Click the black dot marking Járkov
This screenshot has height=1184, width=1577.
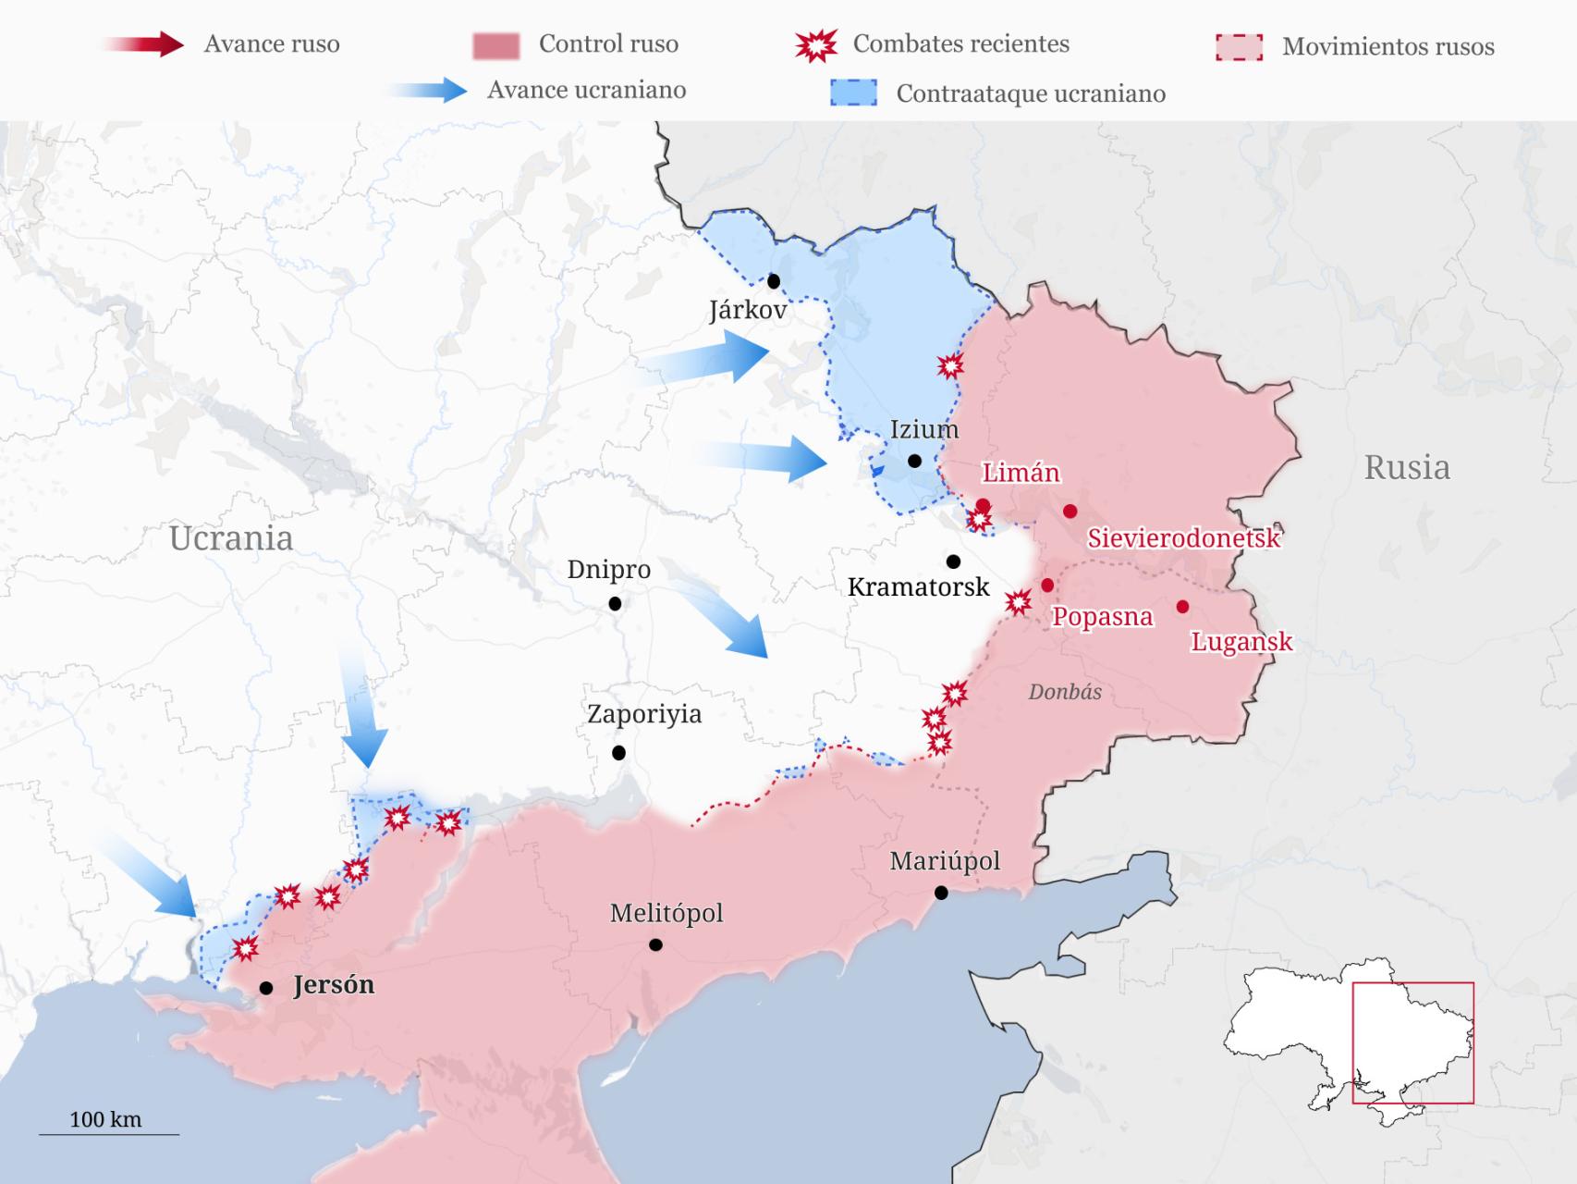pos(774,281)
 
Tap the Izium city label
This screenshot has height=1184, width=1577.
pos(923,429)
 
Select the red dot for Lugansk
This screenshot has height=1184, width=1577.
pos(1182,607)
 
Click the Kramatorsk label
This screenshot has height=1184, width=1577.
pos(918,586)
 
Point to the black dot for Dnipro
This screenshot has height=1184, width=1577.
pos(615,604)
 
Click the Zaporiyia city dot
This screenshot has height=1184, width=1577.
pos(618,753)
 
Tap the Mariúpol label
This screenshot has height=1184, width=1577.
pos(945,861)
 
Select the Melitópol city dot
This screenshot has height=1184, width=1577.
pos(655,944)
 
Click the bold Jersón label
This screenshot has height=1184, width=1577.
pos(334,984)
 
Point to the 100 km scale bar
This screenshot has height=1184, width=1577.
pos(108,1133)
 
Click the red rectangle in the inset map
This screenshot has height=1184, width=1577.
pos(1412,1042)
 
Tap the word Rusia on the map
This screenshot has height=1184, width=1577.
pos(1406,467)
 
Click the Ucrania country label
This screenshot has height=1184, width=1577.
pos(230,537)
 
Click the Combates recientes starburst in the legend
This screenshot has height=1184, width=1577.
pos(815,44)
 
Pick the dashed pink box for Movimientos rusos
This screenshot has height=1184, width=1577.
pos(1239,47)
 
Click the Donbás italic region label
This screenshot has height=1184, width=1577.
pos(1065,692)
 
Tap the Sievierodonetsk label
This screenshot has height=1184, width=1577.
pos(1183,537)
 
